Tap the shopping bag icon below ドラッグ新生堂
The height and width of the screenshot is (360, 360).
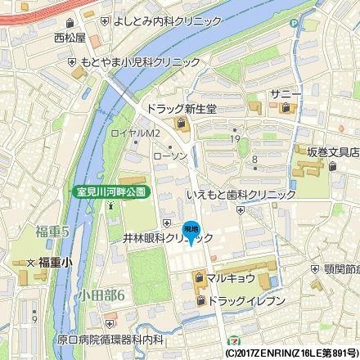click(180, 124)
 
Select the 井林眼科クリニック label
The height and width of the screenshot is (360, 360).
click(167, 238)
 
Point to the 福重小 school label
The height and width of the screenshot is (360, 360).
click(55, 262)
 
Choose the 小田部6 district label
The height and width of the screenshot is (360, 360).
click(102, 295)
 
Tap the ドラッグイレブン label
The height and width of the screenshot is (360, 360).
click(247, 301)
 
